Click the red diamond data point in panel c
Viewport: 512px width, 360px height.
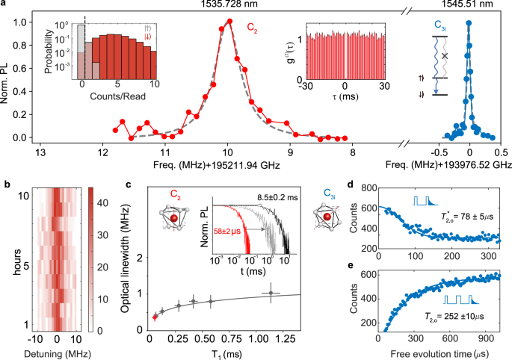click(x=155, y=317)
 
